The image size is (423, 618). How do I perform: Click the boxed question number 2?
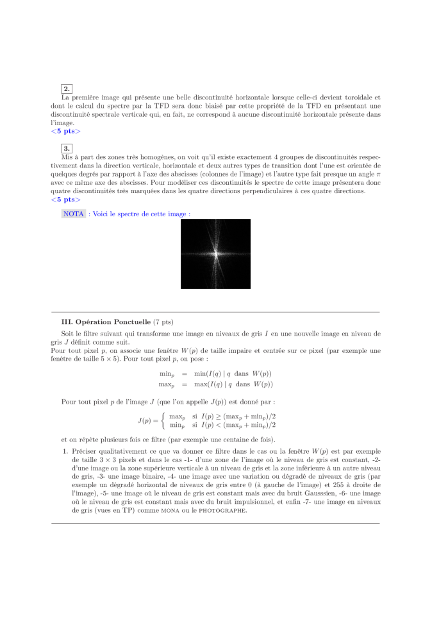pyautogui.click(x=67, y=89)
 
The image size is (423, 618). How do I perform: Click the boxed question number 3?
pyautogui.click(x=67, y=149)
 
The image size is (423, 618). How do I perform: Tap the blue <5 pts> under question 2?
pyautogui.click(x=65, y=131)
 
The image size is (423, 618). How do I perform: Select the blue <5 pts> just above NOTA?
pyautogui.click(x=65, y=200)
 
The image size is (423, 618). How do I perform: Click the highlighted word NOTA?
pyautogui.click(x=74, y=214)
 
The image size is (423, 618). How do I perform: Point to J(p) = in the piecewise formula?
pyautogui.click(x=150, y=421)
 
